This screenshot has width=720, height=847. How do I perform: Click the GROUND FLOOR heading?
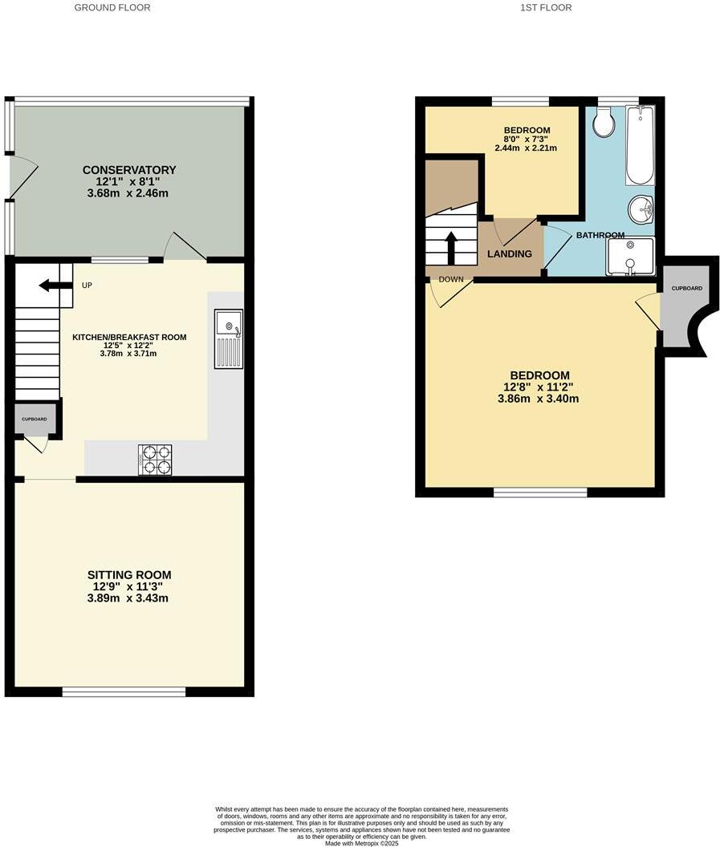coord(112,7)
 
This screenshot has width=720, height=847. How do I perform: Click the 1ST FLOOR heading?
coord(545,7)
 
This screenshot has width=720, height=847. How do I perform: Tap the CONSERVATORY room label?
coord(129,170)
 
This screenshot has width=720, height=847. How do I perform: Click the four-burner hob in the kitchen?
coord(154,460)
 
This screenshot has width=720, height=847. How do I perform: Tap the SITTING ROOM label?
coord(129,575)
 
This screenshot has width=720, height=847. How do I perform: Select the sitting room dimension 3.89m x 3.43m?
coord(129,598)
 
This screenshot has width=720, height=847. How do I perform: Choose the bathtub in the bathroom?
coord(640,145)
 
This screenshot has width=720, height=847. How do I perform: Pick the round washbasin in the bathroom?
coord(643,210)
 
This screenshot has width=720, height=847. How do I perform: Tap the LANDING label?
coord(510,254)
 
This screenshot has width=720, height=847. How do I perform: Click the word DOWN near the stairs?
coord(450,280)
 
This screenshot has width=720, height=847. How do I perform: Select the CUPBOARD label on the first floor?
coord(686,288)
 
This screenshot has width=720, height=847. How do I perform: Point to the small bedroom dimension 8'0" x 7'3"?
coord(527,140)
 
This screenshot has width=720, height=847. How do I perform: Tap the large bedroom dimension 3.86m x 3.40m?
coord(539,399)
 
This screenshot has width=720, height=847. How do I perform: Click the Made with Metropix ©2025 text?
coord(360,843)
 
